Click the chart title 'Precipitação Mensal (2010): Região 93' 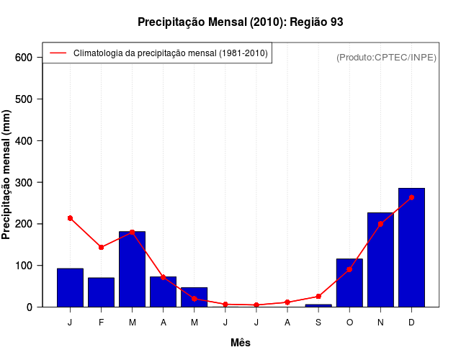click(240, 22)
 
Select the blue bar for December click(411, 248)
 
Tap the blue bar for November click(380, 260)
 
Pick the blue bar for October click(349, 283)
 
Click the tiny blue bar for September click(318, 305)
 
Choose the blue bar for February click(101, 292)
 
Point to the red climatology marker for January click(70, 218)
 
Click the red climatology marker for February click(101, 247)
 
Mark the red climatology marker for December click(411, 197)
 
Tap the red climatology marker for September click(318, 297)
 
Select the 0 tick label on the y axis click(30, 307)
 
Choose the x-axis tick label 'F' click(101, 323)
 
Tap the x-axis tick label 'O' click(349, 323)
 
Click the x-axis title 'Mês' click(241, 343)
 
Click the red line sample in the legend click(58, 53)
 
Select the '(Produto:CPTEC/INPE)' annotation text click(386, 57)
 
